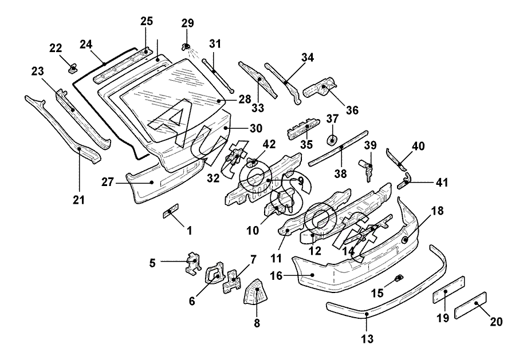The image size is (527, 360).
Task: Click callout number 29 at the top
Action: (x=188, y=23)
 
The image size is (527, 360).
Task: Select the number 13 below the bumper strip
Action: (x=367, y=339)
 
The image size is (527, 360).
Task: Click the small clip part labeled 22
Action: (x=73, y=69)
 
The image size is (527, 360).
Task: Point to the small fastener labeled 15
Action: (x=399, y=279)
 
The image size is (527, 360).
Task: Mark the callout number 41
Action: (x=441, y=183)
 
